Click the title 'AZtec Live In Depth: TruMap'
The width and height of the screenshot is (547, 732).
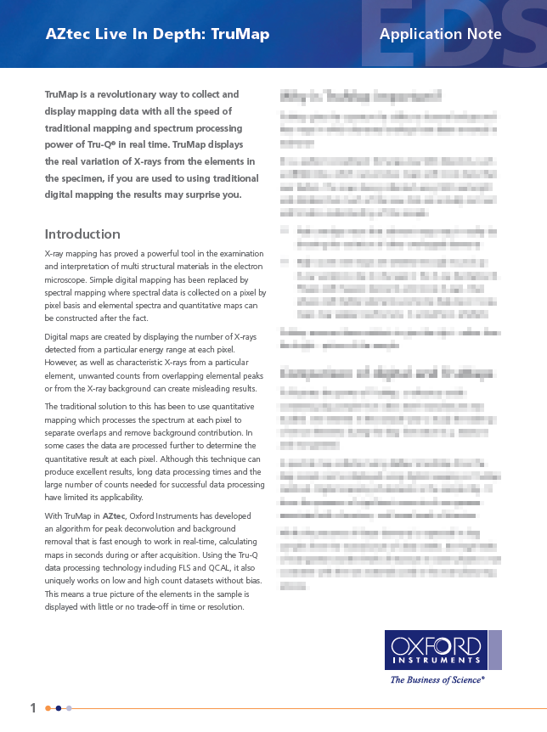point(157,34)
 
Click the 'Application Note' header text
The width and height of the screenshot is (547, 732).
point(440,34)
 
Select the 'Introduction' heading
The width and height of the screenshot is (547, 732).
point(82,234)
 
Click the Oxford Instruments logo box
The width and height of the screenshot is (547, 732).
point(436,650)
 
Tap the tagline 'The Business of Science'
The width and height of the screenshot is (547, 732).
point(437,679)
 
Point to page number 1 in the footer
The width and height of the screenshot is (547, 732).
point(33,707)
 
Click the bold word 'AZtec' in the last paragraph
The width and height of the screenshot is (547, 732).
point(114,516)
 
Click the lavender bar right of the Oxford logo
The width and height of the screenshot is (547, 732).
point(494,650)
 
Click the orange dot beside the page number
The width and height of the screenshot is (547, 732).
point(48,708)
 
